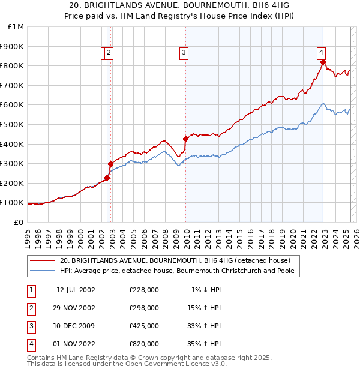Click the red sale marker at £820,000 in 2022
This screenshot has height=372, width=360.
point(323,62)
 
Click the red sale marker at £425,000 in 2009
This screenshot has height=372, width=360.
point(185,139)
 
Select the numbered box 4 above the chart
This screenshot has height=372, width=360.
point(322,52)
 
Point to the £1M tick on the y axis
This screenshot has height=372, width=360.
point(16,26)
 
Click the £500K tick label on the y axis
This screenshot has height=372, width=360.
point(13,124)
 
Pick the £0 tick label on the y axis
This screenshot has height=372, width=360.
point(19,222)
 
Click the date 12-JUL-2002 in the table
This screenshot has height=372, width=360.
point(76,290)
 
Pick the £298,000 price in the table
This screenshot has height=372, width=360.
point(144,308)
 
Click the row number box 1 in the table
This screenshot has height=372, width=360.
point(30,290)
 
